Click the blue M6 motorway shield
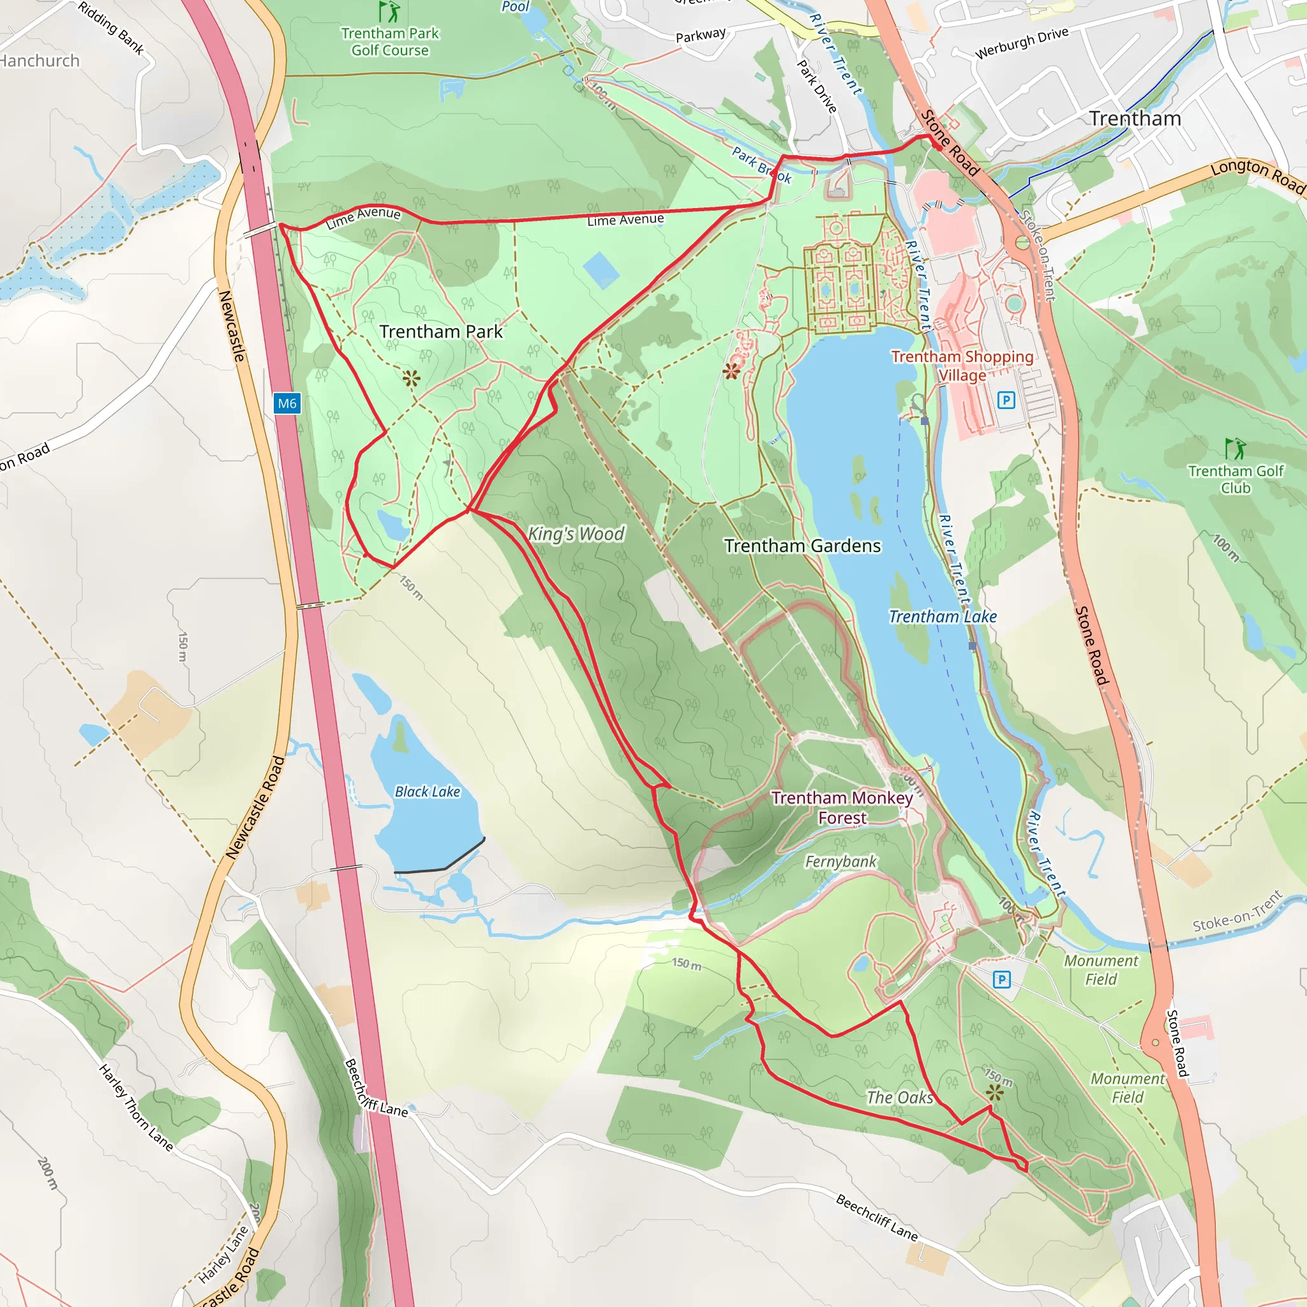point(287,404)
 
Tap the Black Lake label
point(427,791)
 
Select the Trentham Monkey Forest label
point(842,808)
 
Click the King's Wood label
point(576,534)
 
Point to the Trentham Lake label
point(943,616)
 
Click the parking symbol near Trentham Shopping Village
point(1006,401)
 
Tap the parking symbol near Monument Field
point(1002,979)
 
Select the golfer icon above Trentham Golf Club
point(1236,449)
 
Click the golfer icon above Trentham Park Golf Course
point(389,11)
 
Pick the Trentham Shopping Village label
point(962,365)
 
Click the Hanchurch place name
point(39,61)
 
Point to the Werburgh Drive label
point(1022,43)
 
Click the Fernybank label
point(840,861)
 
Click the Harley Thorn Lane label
point(136,1107)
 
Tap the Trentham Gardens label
point(802,546)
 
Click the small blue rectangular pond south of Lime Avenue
point(601,270)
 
